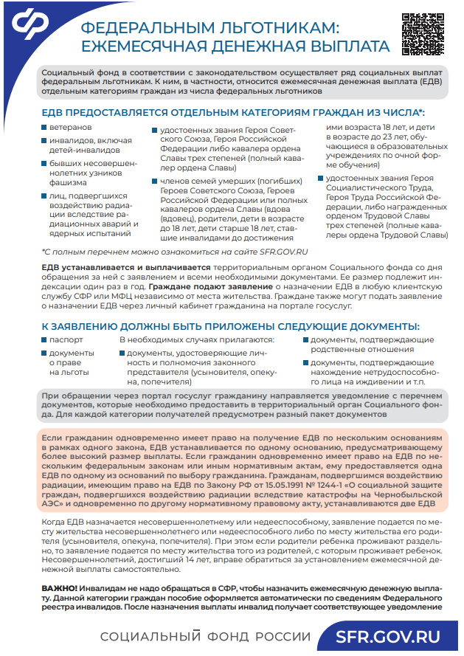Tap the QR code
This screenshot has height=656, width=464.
[421, 34]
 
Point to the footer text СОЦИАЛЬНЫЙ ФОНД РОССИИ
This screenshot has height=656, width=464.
[206, 637]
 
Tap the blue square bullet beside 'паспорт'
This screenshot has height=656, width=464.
[44, 340]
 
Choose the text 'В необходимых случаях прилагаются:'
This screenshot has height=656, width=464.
[197, 340]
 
